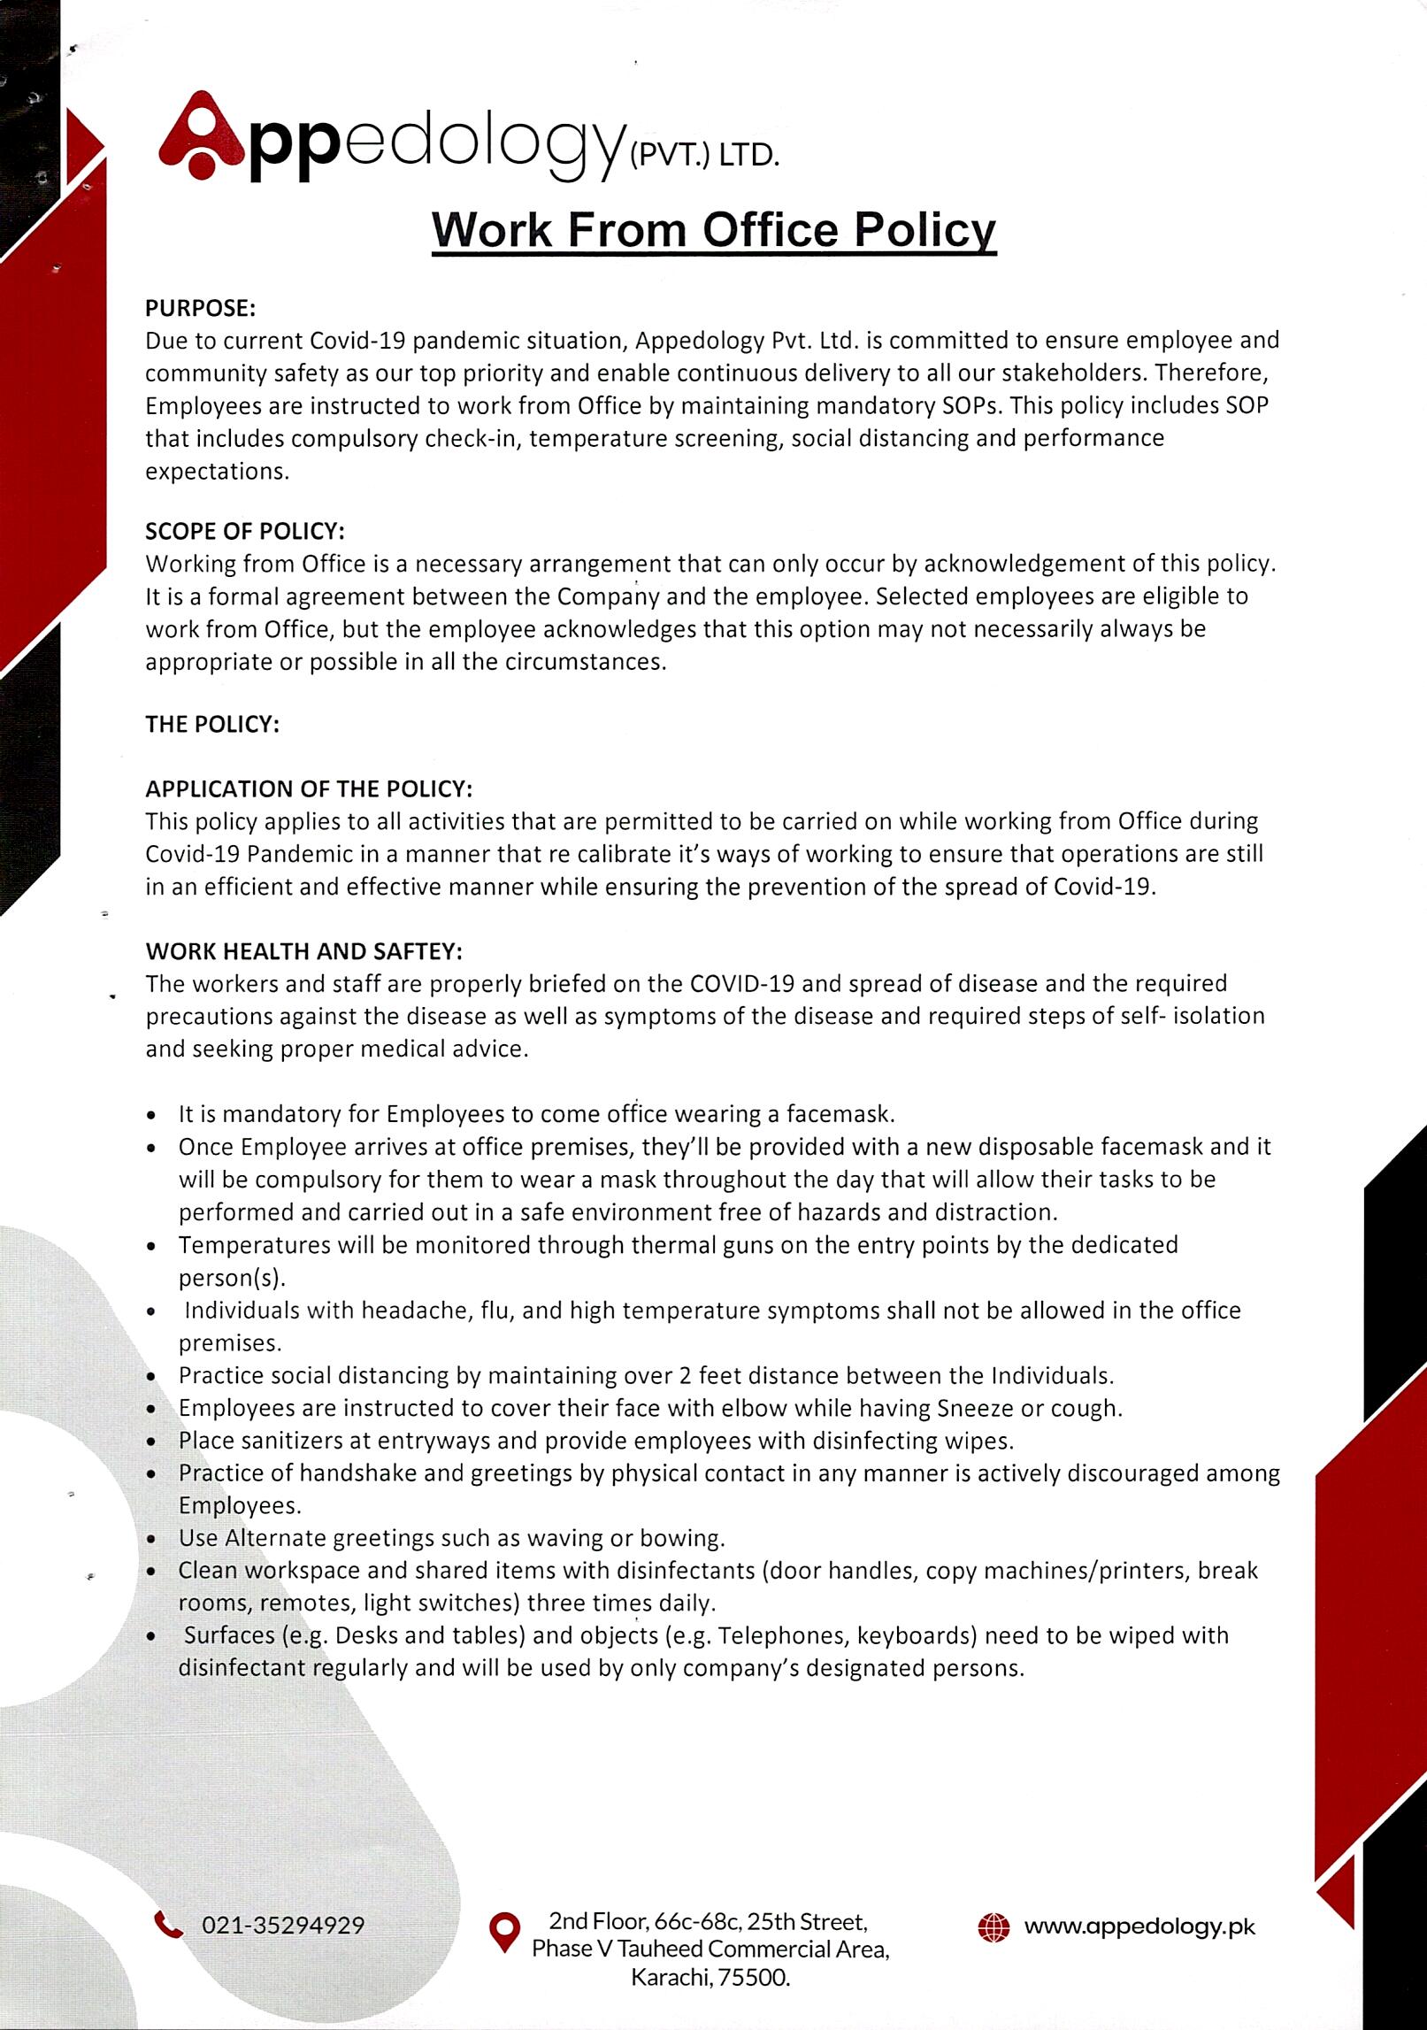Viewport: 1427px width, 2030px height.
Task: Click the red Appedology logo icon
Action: pyautogui.click(x=201, y=136)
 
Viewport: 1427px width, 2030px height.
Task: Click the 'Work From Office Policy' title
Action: pyautogui.click(x=714, y=229)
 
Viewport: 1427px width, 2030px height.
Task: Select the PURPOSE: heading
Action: pyautogui.click(x=201, y=308)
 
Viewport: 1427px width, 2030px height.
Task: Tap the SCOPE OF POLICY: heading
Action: pyautogui.click(x=245, y=531)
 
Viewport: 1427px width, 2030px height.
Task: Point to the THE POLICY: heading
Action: pyautogui.click(x=212, y=724)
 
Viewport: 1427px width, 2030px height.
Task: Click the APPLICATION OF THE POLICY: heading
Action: pyautogui.click(x=309, y=788)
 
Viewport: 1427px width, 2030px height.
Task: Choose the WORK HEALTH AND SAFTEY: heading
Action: pyautogui.click(x=304, y=951)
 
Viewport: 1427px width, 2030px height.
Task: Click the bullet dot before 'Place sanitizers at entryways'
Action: pyautogui.click(x=153, y=1442)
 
